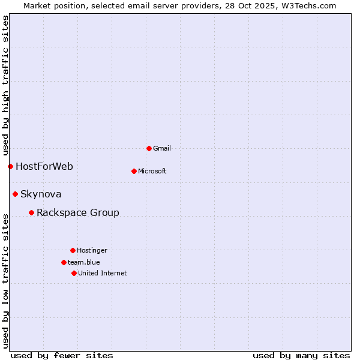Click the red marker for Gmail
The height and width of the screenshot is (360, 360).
pos(149,148)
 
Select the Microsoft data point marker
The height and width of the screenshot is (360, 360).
pos(134,171)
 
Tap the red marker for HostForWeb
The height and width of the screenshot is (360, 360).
pos(10,166)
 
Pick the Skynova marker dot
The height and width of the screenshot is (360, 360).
pos(15,194)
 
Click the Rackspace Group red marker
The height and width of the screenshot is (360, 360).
pos(31,212)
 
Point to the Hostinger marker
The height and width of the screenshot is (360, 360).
pos(73,250)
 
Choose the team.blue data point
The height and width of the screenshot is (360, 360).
pos(64,262)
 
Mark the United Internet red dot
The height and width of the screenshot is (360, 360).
pos(74,273)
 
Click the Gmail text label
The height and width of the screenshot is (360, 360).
pos(162,148)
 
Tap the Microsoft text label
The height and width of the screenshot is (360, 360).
pos(152,171)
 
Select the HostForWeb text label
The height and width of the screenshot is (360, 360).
pos(44,166)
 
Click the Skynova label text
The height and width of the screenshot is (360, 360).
pos(41,194)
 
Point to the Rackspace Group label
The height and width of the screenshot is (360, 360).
pos(78,212)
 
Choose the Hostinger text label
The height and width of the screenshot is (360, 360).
pos(92,250)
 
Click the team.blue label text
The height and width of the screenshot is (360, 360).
pos(84,262)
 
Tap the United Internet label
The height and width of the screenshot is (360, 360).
pos(103,273)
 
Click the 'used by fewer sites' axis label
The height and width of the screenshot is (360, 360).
pos(62,355)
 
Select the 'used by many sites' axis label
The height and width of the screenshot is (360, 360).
pos(301,355)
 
